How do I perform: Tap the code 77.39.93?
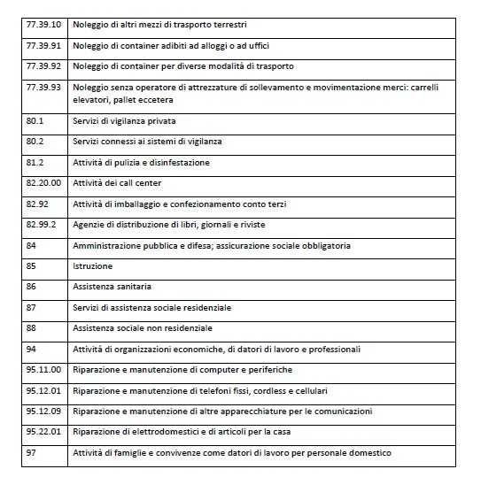point(43,88)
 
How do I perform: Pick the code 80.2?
point(35,142)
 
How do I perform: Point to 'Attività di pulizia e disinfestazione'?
point(141,163)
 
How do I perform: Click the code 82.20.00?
point(43,182)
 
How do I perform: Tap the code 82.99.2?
point(41,224)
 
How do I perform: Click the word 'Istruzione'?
point(92,265)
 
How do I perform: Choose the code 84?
point(32,245)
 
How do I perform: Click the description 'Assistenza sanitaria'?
point(112,287)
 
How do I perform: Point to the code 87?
point(32,307)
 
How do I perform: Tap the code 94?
point(32,349)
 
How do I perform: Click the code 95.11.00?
point(43,370)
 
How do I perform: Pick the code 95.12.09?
point(43,412)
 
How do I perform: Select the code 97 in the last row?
point(32,453)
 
